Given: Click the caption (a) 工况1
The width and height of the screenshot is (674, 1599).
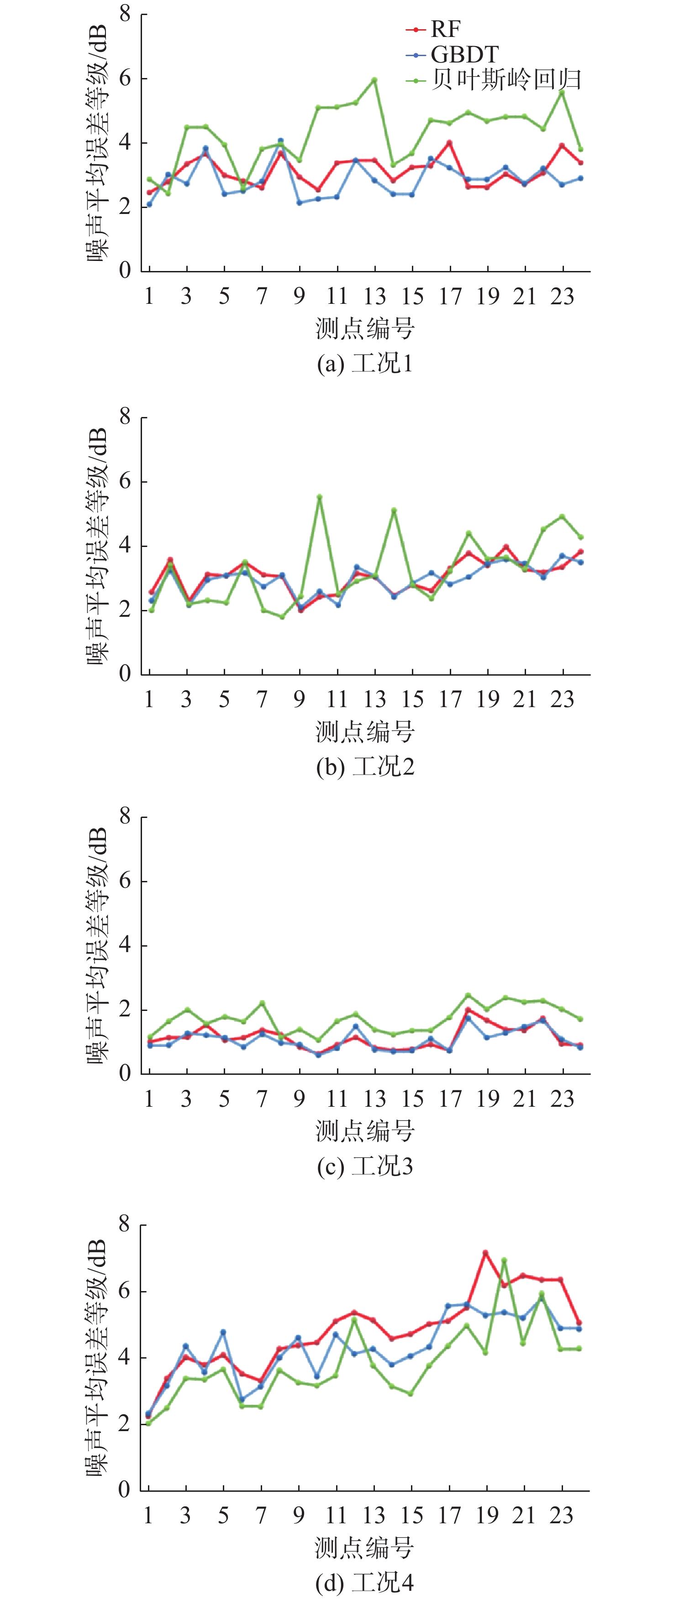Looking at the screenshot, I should [x=365, y=363].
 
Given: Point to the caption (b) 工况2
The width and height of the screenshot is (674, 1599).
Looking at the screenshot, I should [x=365, y=766].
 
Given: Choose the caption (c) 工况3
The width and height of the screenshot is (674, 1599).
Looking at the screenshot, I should [x=365, y=1167].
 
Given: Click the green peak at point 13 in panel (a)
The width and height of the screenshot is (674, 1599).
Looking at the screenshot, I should [x=374, y=79].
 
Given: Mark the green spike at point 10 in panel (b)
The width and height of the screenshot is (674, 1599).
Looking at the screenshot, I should [x=319, y=497].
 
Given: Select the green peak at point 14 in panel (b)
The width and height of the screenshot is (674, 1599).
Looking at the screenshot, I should [x=394, y=510].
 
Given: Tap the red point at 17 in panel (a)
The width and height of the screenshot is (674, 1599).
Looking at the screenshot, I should [x=449, y=143].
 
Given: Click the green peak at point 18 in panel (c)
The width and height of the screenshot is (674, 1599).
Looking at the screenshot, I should [x=468, y=995].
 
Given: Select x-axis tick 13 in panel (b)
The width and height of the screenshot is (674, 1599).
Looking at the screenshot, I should [x=374, y=699].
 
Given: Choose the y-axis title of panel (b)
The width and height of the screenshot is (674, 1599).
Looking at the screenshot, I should [x=98, y=546].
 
